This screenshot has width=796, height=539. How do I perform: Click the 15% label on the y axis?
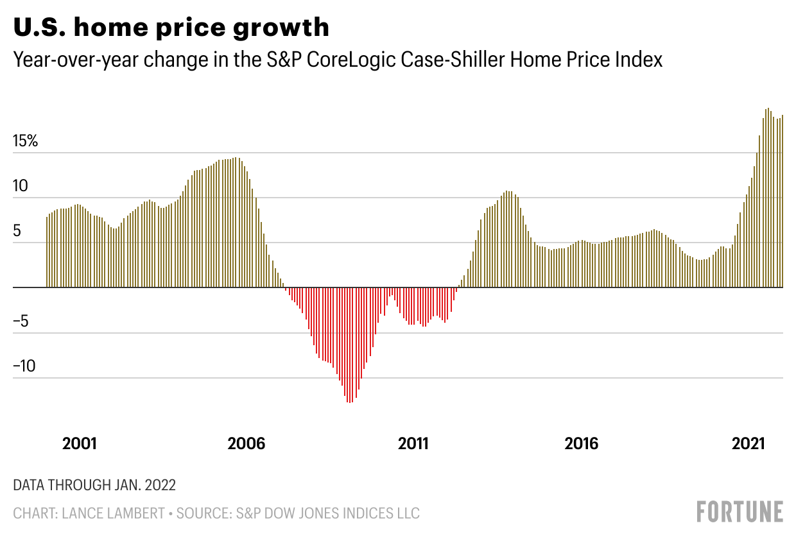coord(26,141)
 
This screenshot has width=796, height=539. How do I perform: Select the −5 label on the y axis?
coord(21,321)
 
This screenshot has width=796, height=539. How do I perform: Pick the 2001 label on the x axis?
coord(80,443)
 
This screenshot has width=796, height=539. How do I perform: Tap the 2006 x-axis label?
coord(247,443)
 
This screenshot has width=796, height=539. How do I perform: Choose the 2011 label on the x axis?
coord(414,443)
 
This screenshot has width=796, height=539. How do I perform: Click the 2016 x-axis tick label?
coord(581,443)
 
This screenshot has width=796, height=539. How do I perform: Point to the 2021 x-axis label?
coord(748,443)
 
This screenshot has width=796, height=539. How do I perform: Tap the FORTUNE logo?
coord(740,511)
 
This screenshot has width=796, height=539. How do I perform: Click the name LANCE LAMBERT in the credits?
coord(121,513)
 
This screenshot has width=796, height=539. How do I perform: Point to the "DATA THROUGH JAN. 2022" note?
coord(94,484)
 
